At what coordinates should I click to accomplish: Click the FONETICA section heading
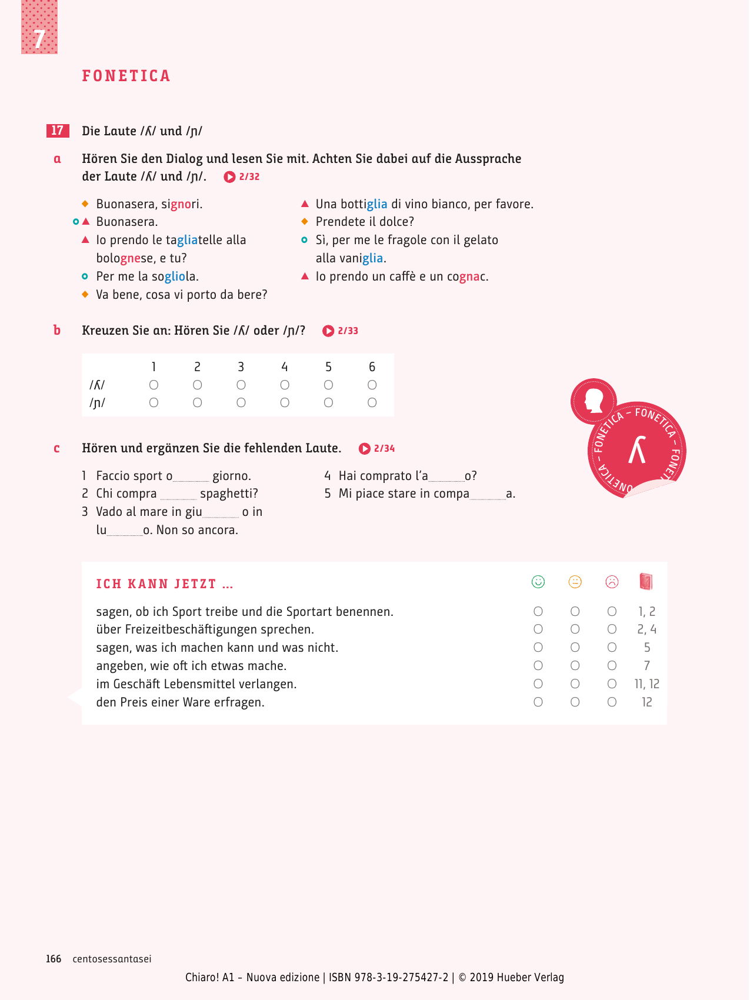(x=126, y=76)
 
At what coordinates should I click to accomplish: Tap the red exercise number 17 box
(x=58, y=131)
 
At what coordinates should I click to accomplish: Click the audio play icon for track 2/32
(x=229, y=176)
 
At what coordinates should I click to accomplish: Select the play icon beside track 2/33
(x=328, y=331)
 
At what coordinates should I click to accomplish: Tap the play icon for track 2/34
(x=365, y=449)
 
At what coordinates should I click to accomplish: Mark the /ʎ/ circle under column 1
(x=154, y=385)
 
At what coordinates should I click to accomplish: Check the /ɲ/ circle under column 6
(x=372, y=403)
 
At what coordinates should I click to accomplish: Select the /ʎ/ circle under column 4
(x=285, y=385)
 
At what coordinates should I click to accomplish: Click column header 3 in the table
(x=241, y=367)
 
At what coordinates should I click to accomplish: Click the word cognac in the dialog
(x=467, y=276)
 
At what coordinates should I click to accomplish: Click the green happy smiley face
(x=538, y=582)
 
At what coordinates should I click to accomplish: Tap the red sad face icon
(x=612, y=582)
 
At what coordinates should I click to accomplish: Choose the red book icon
(x=646, y=582)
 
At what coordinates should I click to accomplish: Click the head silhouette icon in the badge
(x=594, y=402)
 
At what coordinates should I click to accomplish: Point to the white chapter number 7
(x=39, y=39)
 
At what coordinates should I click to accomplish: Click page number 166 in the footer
(x=54, y=959)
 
